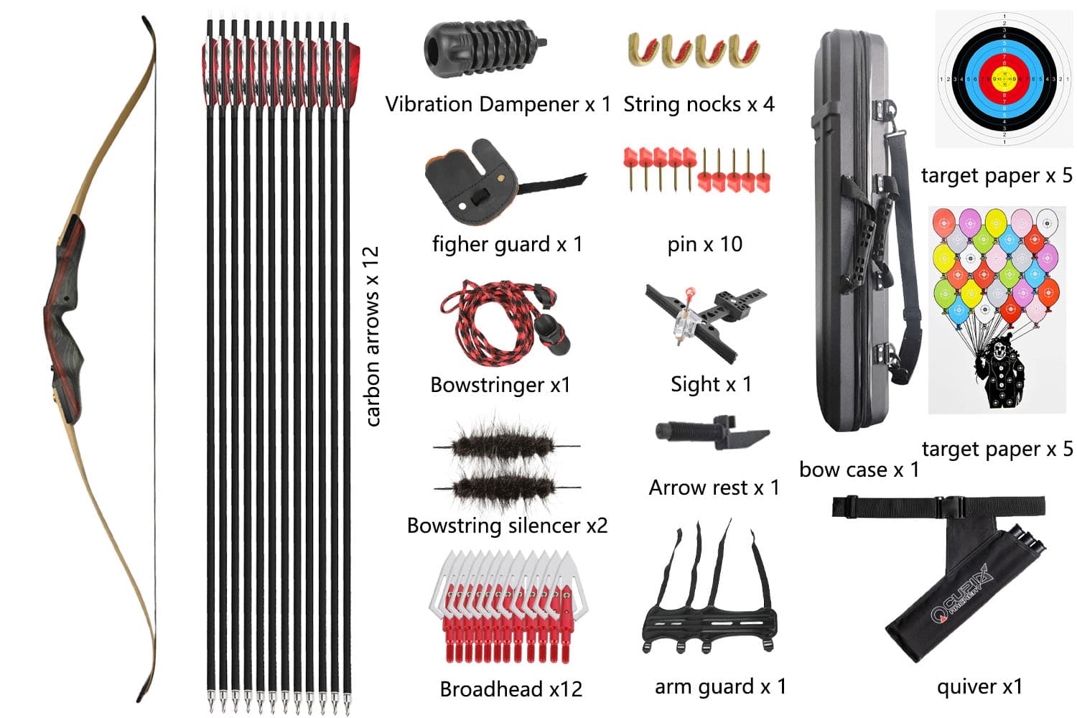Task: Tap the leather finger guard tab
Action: pos(505,182)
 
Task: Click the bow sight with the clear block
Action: pos(706,322)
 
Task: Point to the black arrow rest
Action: pos(712,432)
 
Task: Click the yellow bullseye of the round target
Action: pos(1004,78)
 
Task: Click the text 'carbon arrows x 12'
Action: pos(372,337)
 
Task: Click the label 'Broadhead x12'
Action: pos(511,689)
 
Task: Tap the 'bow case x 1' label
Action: pos(859,470)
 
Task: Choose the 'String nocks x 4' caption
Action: pos(699,104)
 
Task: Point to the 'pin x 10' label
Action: pos(705,244)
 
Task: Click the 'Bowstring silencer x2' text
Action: pos(507,526)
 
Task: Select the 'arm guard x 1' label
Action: pos(720,686)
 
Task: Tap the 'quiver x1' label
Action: pos(979,686)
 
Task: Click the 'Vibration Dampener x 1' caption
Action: pos(498,104)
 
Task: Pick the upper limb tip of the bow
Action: pos(144,18)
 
